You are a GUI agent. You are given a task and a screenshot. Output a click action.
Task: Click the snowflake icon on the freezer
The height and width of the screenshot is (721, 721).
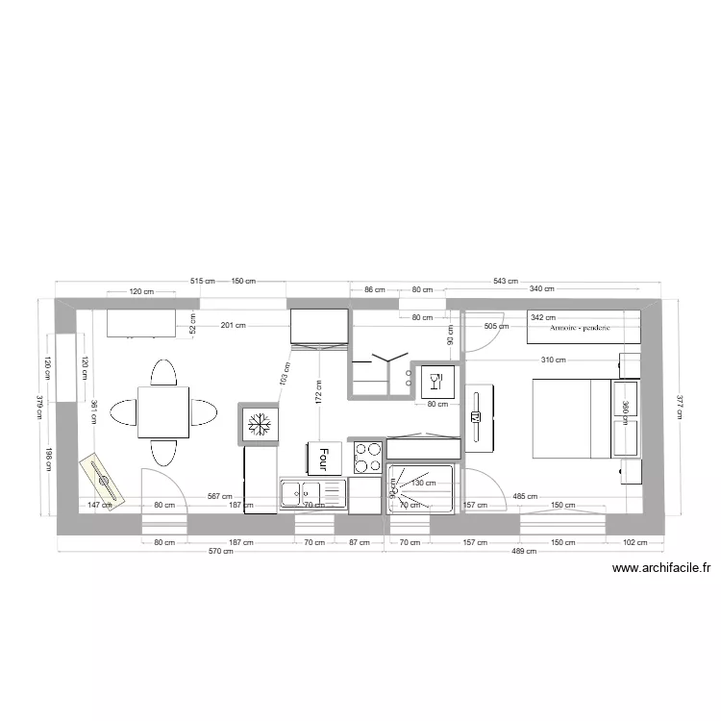click(259, 422)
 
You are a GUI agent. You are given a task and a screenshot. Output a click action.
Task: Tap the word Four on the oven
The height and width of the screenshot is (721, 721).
click(324, 458)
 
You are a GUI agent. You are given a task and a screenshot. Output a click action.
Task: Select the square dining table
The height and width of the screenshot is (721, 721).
click(162, 411)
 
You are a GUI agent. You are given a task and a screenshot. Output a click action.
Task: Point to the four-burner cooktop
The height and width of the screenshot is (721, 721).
click(367, 457)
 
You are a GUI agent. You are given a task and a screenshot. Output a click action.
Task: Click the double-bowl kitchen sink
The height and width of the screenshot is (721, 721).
click(312, 494)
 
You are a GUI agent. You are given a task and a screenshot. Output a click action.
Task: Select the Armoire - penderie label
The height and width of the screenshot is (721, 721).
click(580, 328)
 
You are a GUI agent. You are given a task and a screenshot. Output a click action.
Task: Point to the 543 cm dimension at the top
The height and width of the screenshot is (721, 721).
click(506, 280)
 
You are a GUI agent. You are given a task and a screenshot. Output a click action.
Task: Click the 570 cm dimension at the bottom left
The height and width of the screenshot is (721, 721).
click(221, 552)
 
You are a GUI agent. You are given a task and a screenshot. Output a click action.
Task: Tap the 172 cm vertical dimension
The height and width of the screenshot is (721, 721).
click(318, 389)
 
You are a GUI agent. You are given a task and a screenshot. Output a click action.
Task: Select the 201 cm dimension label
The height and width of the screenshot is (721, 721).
click(232, 326)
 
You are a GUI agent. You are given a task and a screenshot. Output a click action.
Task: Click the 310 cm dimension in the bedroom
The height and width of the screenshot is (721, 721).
click(553, 360)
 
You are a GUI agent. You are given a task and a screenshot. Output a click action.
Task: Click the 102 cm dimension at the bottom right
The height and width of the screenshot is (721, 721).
click(634, 543)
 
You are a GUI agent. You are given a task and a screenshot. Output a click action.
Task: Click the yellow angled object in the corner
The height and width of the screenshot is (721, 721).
click(102, 480)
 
